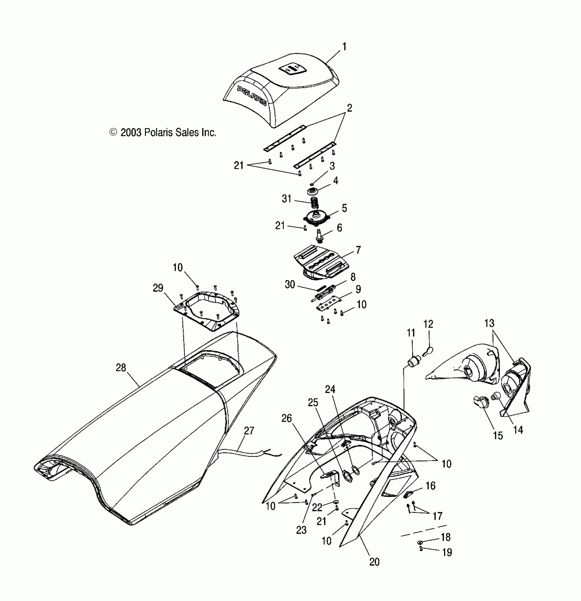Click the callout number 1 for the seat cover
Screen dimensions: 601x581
(x=344, y=46)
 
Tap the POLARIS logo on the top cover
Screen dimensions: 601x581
(x=252, y=96)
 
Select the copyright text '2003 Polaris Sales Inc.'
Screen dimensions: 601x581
(x=163, y=132)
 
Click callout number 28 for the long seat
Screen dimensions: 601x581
(x=121, y=368)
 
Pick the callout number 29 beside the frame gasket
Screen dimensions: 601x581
(x=158, y=288)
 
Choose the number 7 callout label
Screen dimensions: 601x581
(x=358, y=250)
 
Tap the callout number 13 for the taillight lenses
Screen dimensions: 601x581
(x=489, y=323)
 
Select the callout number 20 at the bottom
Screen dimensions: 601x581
(x=374, y=562)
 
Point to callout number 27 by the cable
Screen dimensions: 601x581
(x=249, y=431)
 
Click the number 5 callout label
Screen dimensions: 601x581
(x=344, y=208)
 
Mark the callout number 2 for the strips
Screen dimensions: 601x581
(x=349, y=108)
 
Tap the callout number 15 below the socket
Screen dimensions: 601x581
(x=498, y=436)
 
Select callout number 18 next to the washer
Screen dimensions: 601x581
(x=446, y=537)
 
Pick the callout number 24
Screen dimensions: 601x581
(x=330, y=389)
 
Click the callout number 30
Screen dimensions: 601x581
(x=290, y=284)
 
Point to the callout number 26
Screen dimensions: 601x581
(x=286, y=418)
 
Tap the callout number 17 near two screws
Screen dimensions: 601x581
(x=437, y=516)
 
